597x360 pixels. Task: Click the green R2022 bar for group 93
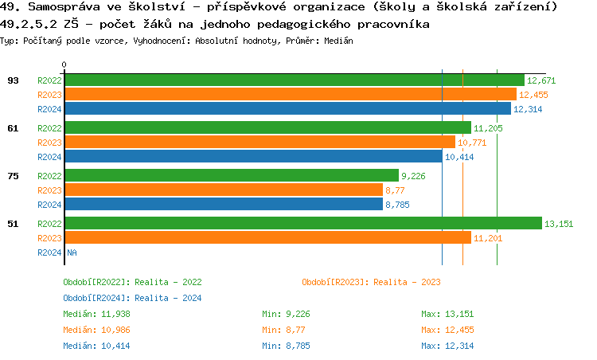point(295,80)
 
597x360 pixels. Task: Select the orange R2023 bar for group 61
point(259,143)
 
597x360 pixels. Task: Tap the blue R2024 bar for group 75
point(224,205)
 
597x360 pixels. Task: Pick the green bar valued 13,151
point(303,224)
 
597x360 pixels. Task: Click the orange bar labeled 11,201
point(268,238)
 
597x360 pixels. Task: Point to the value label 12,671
point(541,80)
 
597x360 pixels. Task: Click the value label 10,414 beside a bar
point(459,157)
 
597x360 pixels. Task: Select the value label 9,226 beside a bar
point(414,176)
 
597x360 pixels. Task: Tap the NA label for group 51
point(72,252)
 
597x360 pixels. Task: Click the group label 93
point(14,80)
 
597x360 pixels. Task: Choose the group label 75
point(14,176)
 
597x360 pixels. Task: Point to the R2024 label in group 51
point(49,252)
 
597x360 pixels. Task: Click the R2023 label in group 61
point(49,143)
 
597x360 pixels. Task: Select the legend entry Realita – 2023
point(371,282)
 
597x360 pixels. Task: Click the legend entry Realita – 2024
point(132,298)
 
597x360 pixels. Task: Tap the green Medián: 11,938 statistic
point(96,314)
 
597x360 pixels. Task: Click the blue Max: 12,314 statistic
point(447,346)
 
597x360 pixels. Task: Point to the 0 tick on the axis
point(64,65)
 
